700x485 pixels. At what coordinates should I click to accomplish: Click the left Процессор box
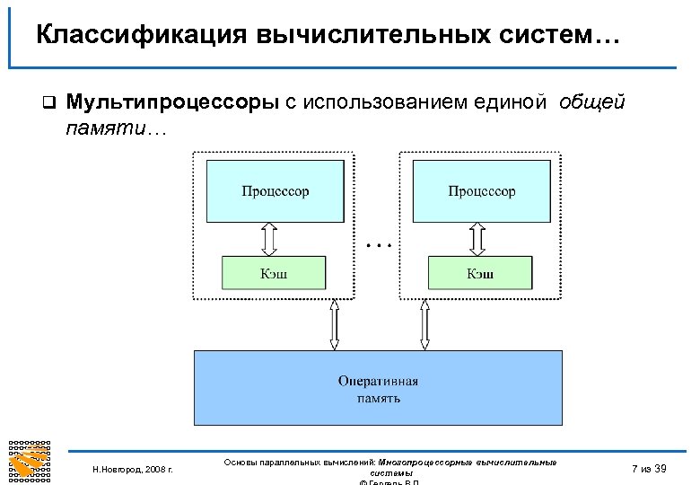(x=276, y=191)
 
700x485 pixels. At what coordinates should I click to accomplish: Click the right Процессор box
(x=482, y=191)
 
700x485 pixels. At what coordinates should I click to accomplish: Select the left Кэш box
(x=275, y=273)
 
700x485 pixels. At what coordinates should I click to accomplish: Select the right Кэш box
(x=480, y=273)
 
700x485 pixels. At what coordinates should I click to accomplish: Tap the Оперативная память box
(x=378, y=388)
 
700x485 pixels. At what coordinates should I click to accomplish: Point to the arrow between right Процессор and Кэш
(x=477, y=239)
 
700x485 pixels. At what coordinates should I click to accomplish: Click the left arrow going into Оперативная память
(x=334, y=324)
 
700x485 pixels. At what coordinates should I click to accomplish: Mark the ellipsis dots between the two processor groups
(x=380, y=243)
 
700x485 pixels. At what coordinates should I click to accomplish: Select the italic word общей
(x=591, y=102)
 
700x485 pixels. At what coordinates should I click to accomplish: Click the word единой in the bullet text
(x=507, y=102)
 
